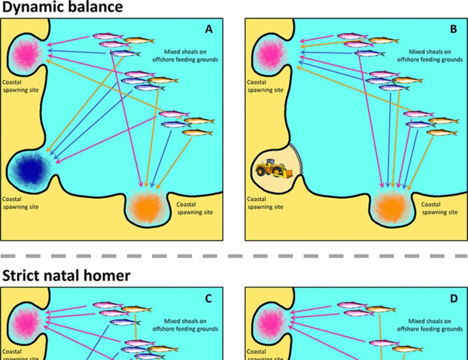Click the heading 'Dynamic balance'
[63, 7]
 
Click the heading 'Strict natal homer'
[66, 276]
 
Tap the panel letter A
[209, 29]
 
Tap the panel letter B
[453, 29]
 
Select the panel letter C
[209, 299]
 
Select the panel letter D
[453, 299]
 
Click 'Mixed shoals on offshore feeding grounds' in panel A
[185, 56]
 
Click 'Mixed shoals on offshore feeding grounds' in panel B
[430, 56]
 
